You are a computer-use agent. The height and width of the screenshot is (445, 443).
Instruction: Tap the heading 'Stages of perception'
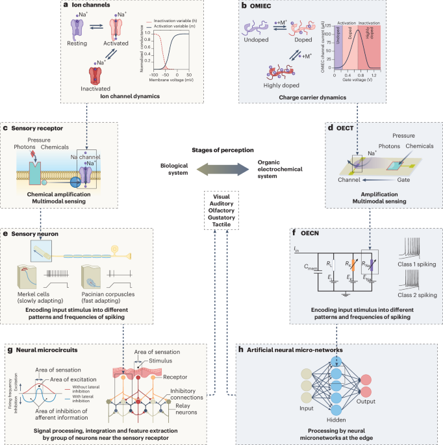(221, 151)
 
